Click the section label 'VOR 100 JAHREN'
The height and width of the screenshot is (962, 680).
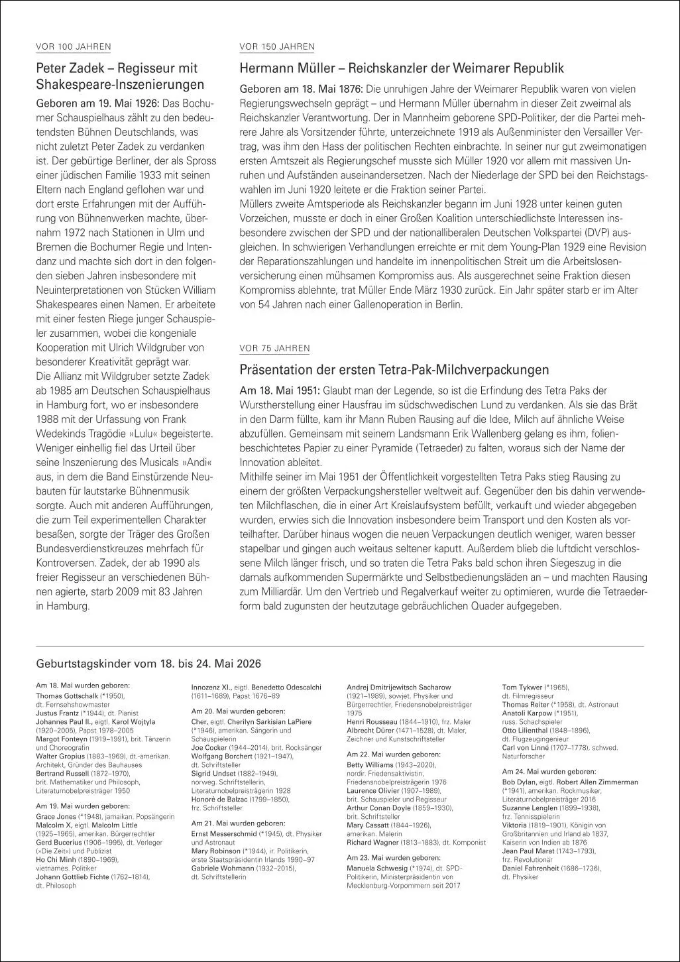[73, 46]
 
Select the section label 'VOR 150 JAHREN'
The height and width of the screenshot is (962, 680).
[276, 46]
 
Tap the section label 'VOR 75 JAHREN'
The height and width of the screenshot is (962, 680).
[274, 348]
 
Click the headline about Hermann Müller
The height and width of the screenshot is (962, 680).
[401, 68]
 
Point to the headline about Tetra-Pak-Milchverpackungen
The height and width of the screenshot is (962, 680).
[394, 369]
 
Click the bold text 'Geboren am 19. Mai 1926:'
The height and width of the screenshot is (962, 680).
[97, 103]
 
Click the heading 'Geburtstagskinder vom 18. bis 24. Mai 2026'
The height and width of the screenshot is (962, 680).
[148, 664]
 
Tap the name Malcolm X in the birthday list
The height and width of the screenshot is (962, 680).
[52, 825]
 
